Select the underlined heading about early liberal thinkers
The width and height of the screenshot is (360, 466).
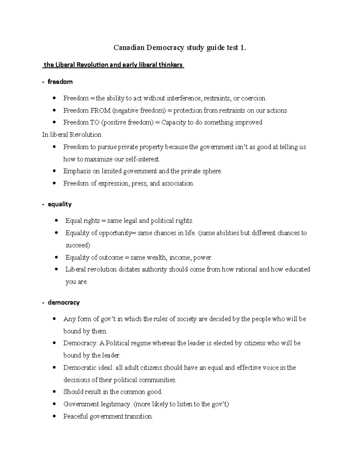pos(113,65)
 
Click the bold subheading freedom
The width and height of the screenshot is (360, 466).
pos(60,82)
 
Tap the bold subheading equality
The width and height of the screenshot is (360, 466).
pos(60,204)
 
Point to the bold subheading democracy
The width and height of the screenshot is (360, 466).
pos(64,302)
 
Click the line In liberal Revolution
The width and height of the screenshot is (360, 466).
pos(72,135)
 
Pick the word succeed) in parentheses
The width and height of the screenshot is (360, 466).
pos(78,245)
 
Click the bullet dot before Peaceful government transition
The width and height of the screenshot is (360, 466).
pos(54,416)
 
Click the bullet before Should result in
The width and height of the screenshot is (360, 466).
pos(54,392)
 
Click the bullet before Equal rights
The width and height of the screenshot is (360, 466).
pos(56,221)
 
